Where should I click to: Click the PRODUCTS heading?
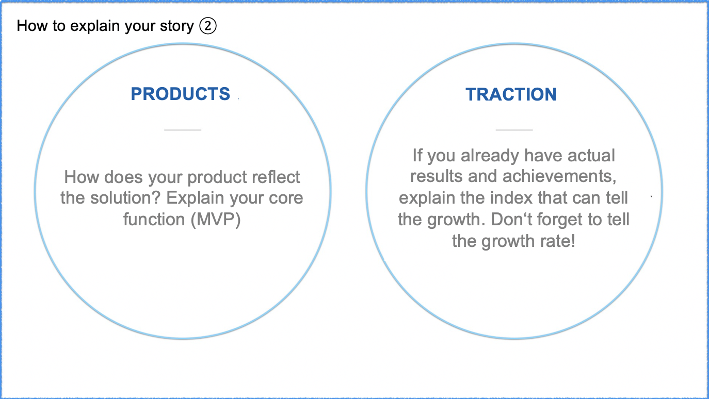181,94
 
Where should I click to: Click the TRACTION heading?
511,94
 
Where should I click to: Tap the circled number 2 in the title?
208,26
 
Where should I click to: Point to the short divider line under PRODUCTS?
183,129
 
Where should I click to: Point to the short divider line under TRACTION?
514,129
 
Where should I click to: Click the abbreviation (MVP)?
216,220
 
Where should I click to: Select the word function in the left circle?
154,220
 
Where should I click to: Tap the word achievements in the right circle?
559,176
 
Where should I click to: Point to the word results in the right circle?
437,176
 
